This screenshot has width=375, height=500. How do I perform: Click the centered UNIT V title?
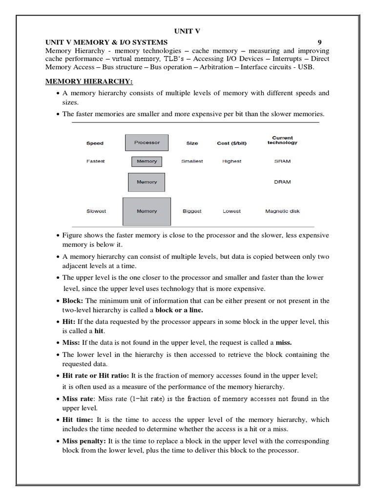click(187, 31)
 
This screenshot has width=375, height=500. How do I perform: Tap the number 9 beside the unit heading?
click(319, 42)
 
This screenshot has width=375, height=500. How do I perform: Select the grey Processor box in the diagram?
click(147, 143)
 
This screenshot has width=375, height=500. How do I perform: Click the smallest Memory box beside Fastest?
click(147, 161)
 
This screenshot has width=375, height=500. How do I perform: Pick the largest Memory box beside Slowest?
click(146, 211)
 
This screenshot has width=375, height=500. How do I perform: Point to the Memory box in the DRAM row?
click(146, 182)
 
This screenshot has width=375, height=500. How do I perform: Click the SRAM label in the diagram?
click(282, 161)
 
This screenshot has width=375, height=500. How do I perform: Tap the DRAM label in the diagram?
click(282, 182)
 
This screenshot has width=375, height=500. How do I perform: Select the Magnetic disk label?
click(282, 211)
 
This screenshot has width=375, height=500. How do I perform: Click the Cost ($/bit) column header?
click(231, 144)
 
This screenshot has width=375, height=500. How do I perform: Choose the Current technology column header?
click(282, 140)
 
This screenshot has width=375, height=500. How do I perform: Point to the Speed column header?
click(95, 144)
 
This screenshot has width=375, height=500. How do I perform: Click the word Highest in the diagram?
click(231, 161)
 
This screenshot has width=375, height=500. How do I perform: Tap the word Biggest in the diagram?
click(192, 211)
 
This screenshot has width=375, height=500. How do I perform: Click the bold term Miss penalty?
click(80, 441)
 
